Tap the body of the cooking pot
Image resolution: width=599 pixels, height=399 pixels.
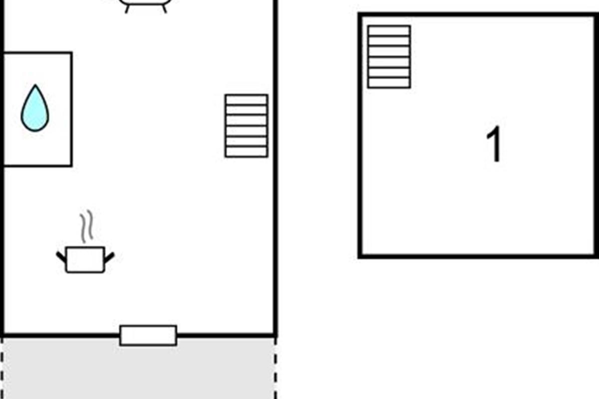(85, 260)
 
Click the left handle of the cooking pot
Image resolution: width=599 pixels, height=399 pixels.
(61, 257)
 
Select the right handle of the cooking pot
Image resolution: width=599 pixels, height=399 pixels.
(109, 257)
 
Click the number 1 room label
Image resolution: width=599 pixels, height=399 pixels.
(494, 145)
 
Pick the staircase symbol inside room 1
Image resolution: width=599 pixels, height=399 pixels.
(389, 57)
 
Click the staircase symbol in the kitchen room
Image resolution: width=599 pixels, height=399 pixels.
(246, 126)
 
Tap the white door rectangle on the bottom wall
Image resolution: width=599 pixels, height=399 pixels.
(148, 335)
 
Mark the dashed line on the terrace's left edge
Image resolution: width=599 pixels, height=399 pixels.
(3, 369)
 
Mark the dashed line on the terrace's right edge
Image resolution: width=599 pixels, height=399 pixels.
(275, 369)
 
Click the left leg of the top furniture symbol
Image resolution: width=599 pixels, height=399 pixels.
(127, 8)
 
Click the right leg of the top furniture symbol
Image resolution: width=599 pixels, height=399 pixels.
(164, 8)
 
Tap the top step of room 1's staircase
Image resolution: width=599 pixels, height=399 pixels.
(389, 31)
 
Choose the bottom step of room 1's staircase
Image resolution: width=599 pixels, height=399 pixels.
(389, 83)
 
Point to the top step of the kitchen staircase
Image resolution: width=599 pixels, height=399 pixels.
(246, 100)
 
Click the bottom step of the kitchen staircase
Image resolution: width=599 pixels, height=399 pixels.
(246, 152)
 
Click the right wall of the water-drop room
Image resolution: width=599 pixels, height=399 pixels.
(71, 109)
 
